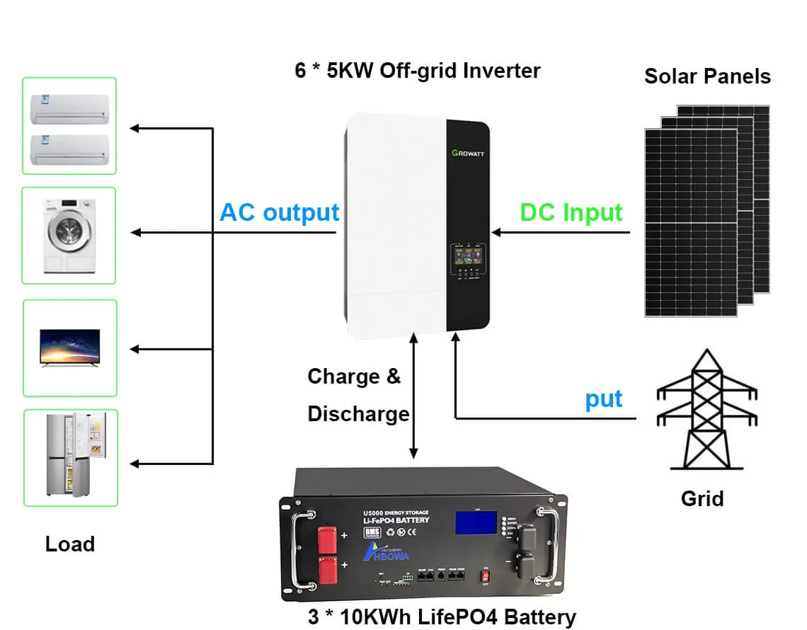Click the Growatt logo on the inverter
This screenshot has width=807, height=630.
[468, 152]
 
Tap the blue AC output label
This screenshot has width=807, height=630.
[280, 212]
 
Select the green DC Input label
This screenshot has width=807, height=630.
[571, 212]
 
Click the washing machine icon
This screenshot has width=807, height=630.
[69, 236]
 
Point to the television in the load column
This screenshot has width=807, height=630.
[69, 348]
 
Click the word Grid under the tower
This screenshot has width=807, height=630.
[702, 498]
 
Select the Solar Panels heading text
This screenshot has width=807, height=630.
[707, 76]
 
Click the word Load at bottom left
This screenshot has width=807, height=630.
[69, 544]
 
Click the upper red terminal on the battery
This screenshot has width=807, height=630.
[327, 539]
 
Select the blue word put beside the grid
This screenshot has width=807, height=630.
[603, 399]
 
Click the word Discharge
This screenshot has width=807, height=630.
[358, 413]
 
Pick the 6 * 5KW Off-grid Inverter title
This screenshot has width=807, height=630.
[418, 71]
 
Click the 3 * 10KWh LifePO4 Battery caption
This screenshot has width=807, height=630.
[442, 617]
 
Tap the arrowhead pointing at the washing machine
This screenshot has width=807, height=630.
[135, 233]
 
